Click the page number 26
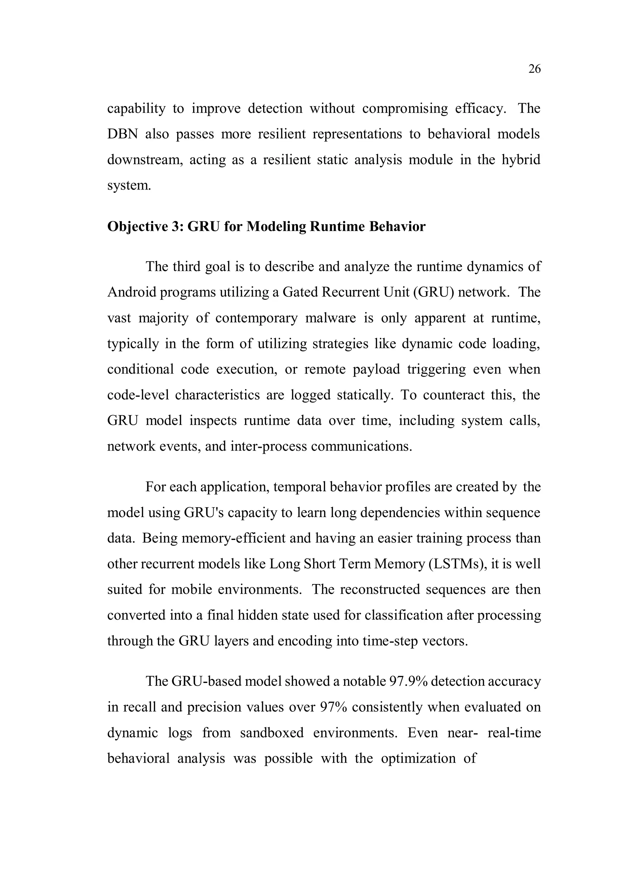(x=534, y=69)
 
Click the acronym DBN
(x=122, y=134)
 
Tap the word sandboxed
(x=272, y=733)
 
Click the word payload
(x=376, y=369)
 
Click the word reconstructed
(x=380, y=589)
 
